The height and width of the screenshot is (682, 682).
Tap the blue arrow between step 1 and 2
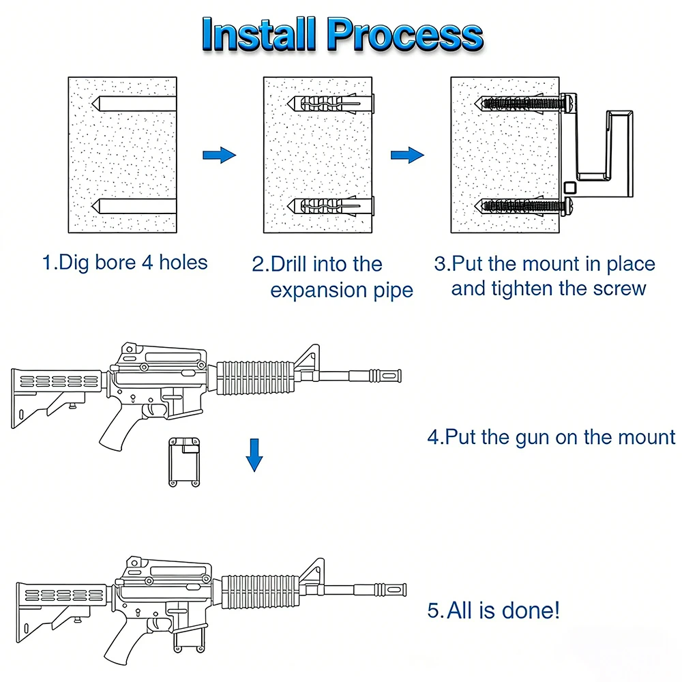219,155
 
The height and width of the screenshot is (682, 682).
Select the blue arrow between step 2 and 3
407,155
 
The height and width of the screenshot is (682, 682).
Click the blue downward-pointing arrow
254,456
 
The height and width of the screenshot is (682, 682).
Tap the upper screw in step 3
525,104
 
